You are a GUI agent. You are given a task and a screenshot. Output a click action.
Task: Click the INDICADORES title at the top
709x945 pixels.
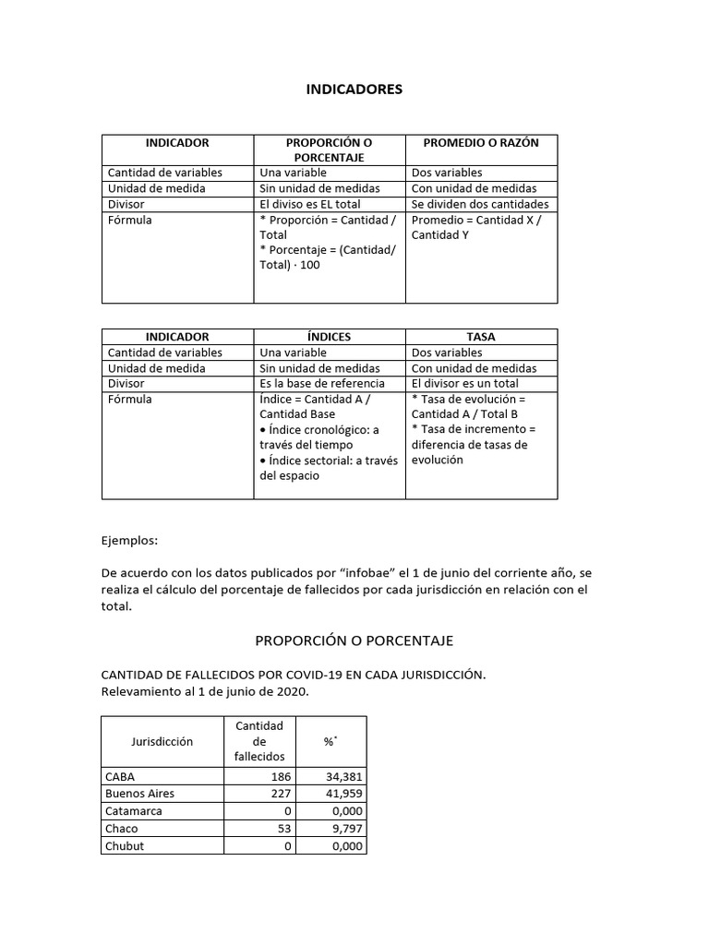click(354, 90)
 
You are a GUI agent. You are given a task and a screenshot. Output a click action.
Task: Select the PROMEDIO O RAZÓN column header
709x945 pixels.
click(481, 143)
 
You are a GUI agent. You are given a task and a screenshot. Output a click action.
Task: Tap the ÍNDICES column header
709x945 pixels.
click(330, 337)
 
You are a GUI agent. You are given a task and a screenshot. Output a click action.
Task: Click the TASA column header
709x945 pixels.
click(481, 337)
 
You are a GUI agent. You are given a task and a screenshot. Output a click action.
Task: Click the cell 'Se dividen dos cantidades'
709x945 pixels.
click(480, 204)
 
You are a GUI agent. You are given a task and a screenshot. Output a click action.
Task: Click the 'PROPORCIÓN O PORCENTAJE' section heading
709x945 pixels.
click(354, 640)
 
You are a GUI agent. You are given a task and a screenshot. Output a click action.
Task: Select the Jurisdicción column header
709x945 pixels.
click(162, 741)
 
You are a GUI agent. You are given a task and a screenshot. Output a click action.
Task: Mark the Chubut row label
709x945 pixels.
click(126, 845)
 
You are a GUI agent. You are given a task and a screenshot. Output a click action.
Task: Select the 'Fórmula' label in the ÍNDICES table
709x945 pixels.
click(130, 399)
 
